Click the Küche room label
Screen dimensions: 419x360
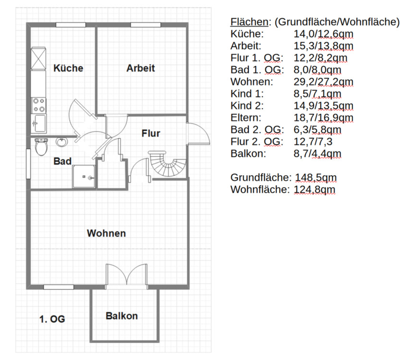(x=68, y=68)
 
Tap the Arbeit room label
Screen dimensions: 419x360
(x=141, y=68)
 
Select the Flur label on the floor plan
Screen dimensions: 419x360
(x=150, y=133)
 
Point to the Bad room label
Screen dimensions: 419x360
(x=62, y=162)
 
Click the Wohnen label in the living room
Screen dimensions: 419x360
(x=106, y=233)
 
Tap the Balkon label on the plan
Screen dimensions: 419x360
(x=122, y=316)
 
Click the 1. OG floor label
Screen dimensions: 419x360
(x=52, y=319)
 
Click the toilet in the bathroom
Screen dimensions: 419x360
(x=41, y=146)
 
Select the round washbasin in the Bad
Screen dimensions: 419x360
(x=62, y=143)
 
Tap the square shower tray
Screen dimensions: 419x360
(x=84, y=177)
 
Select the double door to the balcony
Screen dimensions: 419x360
(x=126, y=276)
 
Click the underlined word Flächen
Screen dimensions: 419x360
(x=248, y=22)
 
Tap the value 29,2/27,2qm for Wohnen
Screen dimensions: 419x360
(x=323, y=82)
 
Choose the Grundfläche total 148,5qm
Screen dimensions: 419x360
(x=315, y=177)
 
